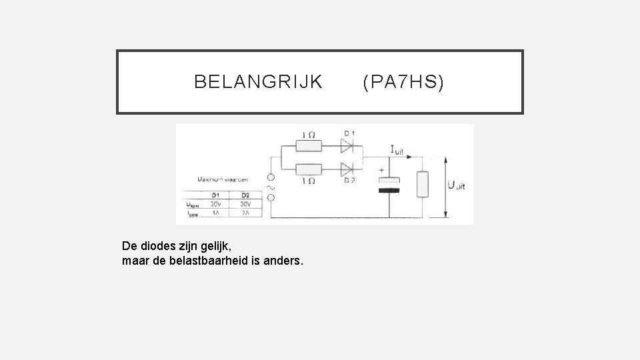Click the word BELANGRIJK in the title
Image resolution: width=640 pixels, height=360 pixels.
pyautogui.click(x=258, y=82)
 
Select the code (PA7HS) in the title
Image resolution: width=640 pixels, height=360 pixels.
pyautogui.click(x=403, y=82)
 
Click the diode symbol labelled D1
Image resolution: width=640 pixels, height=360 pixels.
pyautogui.click(x=347, y=146)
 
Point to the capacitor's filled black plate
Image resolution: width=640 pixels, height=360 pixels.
pyautogui.click(x=389, y=191)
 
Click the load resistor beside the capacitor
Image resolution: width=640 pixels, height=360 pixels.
pyautogui.click(x=422, y=184)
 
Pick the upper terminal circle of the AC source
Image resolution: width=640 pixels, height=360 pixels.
pyautogui.click(x=271, y=178)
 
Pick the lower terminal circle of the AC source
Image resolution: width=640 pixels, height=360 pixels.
pyautogui.click(x=271, y=198)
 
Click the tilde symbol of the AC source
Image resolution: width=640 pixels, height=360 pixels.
pyautogui.click(x=271, y=188)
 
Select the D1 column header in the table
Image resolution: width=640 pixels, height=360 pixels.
pyautogui.click(x=215, y=195)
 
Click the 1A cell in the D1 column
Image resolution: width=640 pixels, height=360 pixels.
pyautogui.click(x=215, y=213)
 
